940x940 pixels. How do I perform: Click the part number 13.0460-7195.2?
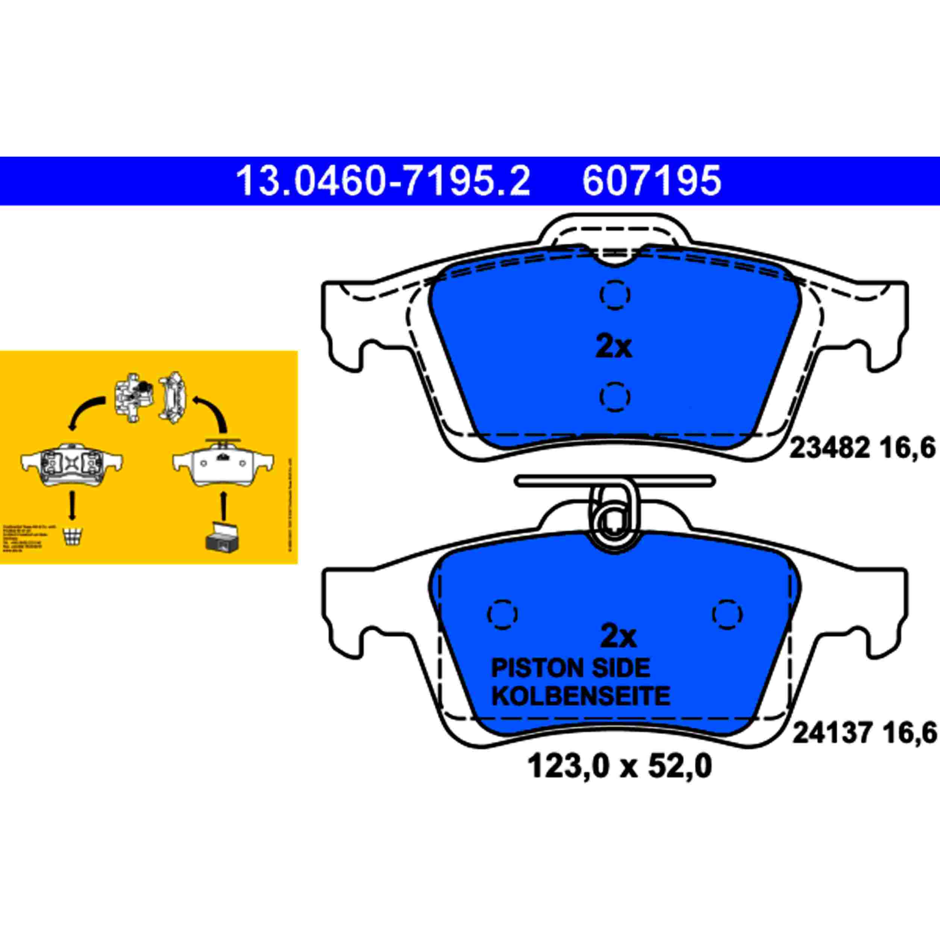tap(382, 181)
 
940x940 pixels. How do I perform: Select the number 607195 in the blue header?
tap(652, 181)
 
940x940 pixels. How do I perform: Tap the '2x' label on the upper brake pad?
tap(614, 347)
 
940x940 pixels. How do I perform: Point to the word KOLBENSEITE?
tap(581, 696)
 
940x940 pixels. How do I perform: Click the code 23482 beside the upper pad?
tap(829, 448)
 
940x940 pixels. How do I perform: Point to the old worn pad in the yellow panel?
tap(71, 465)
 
